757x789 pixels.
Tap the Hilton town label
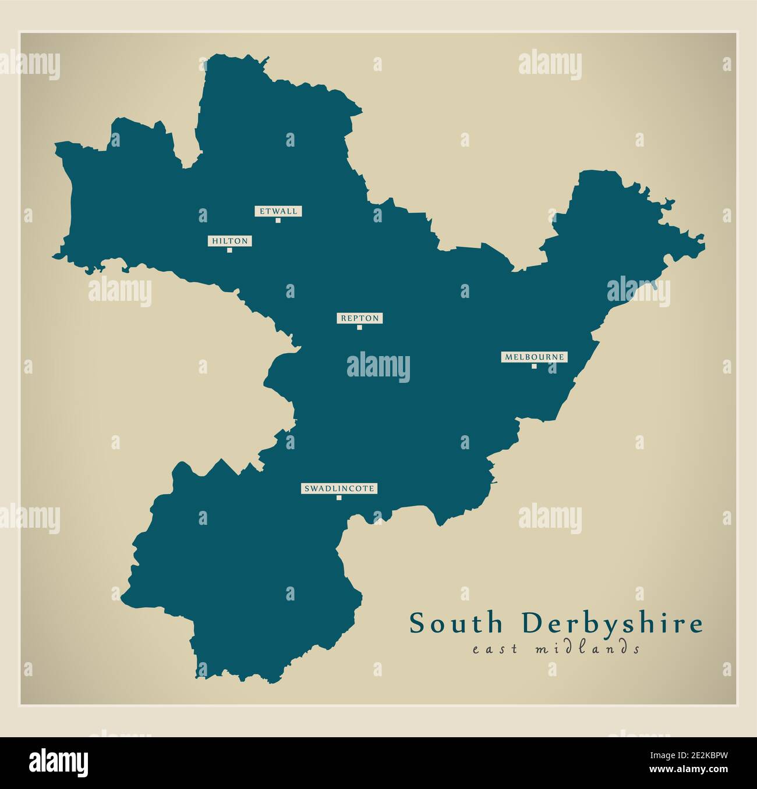229,241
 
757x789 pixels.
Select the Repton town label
359,318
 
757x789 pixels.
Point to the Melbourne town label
534,357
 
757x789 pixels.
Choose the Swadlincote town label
339,489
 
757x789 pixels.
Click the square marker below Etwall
278,221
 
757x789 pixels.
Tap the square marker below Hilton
229,250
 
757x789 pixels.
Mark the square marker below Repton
359,328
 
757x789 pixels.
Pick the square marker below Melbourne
534,366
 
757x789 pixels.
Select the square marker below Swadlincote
339,498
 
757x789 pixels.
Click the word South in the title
456,624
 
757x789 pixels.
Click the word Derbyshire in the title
613,624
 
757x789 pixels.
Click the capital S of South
418,624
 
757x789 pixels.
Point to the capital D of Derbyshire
531,624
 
